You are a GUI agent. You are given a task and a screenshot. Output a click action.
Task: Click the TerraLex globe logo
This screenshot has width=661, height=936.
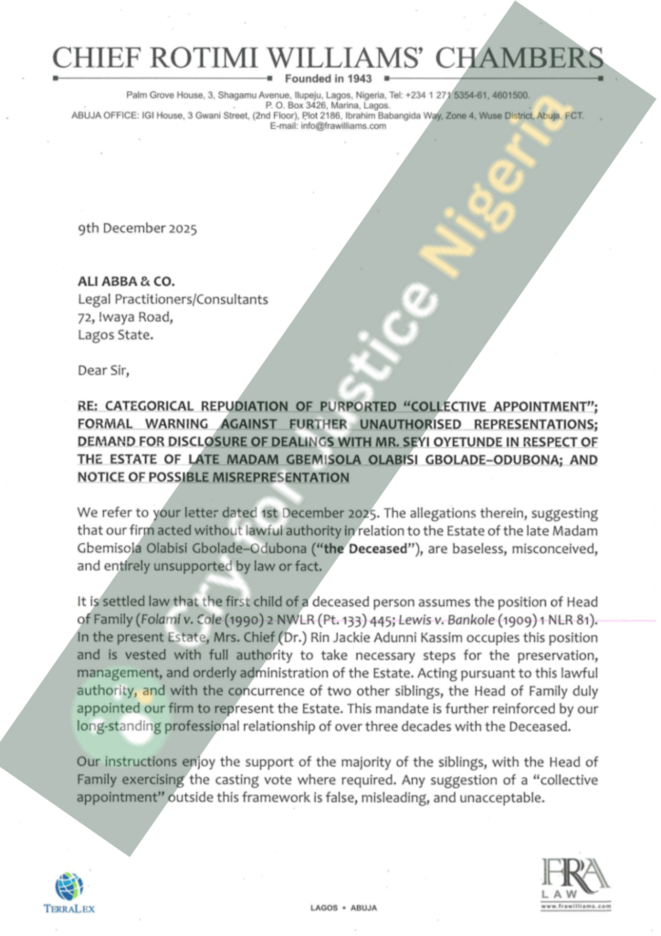point(68,885)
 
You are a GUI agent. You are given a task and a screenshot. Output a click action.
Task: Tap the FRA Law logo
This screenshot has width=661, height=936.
point(574,879)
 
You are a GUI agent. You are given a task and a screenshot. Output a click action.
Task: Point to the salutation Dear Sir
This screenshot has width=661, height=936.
point(104,370)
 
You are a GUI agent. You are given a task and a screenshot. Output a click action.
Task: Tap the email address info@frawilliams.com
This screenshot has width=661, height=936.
point(329,125)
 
